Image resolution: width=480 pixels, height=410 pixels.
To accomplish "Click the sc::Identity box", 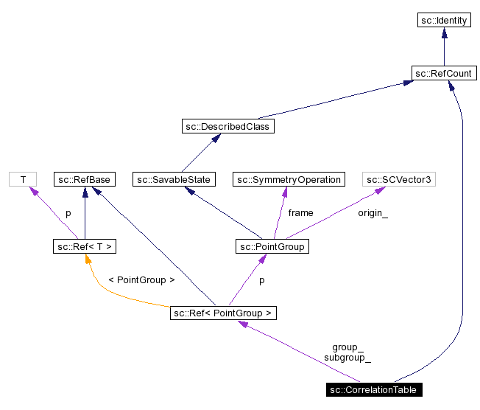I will [x=443, y=21].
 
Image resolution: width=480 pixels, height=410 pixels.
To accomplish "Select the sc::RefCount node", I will [x=443, y=73].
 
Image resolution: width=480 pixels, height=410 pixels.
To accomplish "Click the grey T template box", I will [x=23, y=179].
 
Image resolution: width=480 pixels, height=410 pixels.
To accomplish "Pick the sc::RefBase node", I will [x=85, y=179].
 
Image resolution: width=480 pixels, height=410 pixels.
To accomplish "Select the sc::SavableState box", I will [x=174, y=179].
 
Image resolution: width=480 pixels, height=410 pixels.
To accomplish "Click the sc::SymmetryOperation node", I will [x=288, y=179].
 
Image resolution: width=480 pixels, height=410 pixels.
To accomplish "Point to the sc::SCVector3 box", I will [x=396, y=179].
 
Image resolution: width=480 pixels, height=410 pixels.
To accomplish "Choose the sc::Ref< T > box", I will [x=85, y=246].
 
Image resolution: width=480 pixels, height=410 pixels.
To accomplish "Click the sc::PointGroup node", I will [x=272, y=246].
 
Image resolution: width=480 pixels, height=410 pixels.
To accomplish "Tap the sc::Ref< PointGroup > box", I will [x=223, y=313].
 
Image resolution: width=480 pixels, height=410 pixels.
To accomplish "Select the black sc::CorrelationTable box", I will [x=374, y=389].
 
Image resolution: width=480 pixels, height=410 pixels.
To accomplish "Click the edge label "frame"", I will [x=300, y=213].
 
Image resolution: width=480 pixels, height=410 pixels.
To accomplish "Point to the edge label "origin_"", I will [x=373, y=213].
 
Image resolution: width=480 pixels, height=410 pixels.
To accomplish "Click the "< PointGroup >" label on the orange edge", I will [x=141, y=280].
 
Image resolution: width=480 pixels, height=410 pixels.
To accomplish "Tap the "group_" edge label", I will [x=347, y=347].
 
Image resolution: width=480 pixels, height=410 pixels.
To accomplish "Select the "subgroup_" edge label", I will [x=347, y=358].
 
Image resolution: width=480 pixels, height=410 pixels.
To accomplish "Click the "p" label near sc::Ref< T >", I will [x=68, y=213].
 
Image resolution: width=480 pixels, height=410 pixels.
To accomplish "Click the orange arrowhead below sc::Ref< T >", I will [x=88, y=259].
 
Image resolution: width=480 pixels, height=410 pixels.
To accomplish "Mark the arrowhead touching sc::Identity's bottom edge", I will [x=443, y=33].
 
